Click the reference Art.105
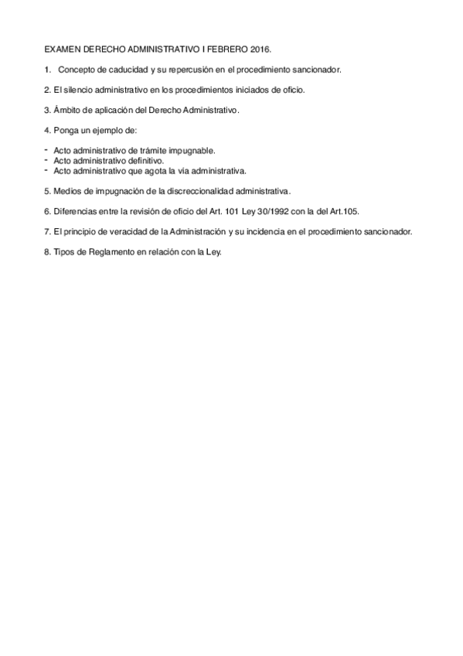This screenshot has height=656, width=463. (343, 210)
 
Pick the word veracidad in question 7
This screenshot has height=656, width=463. (117, 231)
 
